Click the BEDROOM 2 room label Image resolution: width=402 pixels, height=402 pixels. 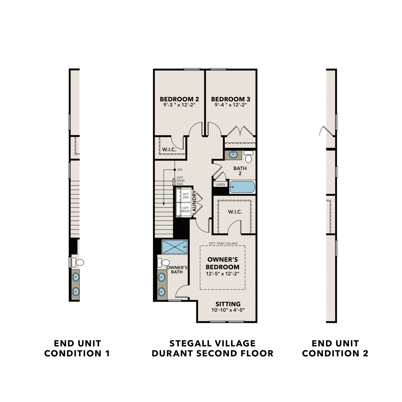click(x=179, y=99)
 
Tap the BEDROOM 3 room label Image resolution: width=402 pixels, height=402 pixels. click(x=230, y=99)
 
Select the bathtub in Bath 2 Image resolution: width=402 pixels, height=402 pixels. click(x=242, y=187)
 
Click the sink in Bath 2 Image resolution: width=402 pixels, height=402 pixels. click(x=233, y=155)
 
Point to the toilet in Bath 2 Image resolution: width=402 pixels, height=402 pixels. click(x=249, y=157)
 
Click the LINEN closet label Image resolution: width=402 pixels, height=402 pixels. click(x=221, y=184)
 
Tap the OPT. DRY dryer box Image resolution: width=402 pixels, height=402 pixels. click(x=185, y=196)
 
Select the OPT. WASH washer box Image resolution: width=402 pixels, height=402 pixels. click(x=185, y=210)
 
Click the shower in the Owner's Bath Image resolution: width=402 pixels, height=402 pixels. click(x=174, y=247)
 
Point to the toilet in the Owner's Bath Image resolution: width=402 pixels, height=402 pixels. click(x=164, y=262)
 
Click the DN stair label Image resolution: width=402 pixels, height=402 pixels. click(x=180, y=170)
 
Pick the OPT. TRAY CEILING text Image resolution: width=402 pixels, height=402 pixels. click(x=223, y=243)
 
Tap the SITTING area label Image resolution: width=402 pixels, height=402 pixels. click(x=228, y=304)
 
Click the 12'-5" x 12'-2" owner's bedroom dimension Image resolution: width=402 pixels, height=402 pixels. click(x=222, y=274)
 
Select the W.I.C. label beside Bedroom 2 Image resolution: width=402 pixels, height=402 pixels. click(x=169, y=150)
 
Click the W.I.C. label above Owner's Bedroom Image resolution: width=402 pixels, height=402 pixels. click(x=235, y=212)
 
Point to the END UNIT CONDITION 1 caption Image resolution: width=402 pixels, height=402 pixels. click(x=77, y=348)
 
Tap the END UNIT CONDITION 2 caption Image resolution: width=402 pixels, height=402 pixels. click(x=335, y=348)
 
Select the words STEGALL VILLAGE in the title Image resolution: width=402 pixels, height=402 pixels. click(x=213, y=343)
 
